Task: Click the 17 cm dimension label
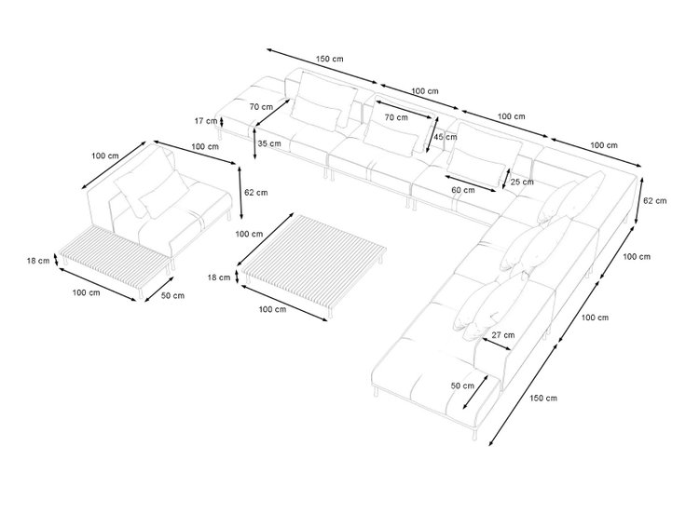(x=206, y=121)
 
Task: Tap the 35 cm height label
(x=269, y=143)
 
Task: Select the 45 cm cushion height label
(x=446, y=137)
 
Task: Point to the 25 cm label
(x=522, y=182)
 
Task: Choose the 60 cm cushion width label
(x=463, y=190)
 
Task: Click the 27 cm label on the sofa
(x=503, y=335)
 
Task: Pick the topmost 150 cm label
(x=329, y=59)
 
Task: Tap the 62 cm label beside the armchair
(x=256, y=193)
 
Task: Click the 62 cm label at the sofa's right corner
(x=655, y=200)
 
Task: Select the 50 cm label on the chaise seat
(x=462, y=385)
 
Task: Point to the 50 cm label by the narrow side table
(x=172, y=295)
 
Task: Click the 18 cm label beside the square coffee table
(x=219, y=277)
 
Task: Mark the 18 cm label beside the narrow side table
(x=38, y=261)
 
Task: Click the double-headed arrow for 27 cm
(x=497, y=344)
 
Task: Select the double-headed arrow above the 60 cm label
(x=471, y=183)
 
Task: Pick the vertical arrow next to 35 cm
(x=255, y=142)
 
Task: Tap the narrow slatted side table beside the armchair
(x=115, y=263)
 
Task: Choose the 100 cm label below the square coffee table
(x=272, y=309)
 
